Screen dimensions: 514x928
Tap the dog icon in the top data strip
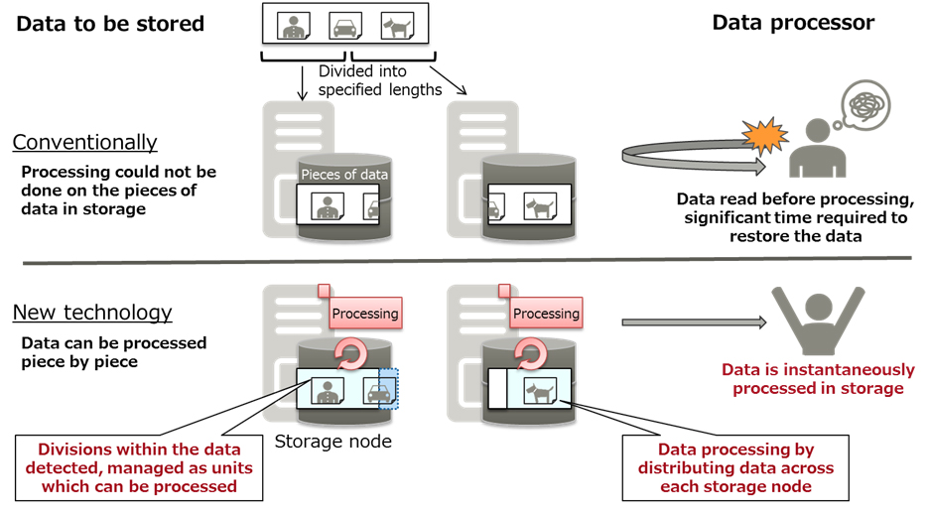pyautogui.click(x=398, y=25)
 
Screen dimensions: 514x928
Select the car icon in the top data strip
pyautogui.click(x=343, y=25)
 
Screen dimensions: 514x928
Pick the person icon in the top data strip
pyautogui.click(x=290, y=25)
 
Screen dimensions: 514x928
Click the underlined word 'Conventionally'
pyautogui.click(x=85, y=142)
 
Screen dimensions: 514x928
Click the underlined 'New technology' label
pyautogui.click(x=92, y=313)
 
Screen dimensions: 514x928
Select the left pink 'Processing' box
pyautogui.click(x=365, y=314)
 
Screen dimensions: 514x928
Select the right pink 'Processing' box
pyautogui.click(x=545, y=314)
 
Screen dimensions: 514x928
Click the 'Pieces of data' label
pyautogui.click(x=344, y=175)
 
